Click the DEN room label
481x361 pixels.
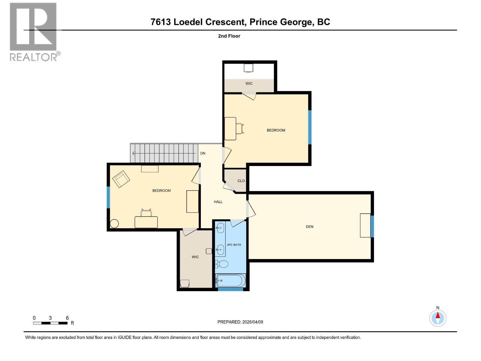click(x=309, y=227)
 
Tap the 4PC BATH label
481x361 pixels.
click(x=234, y=245)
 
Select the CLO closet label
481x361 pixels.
click(x=241, y=181)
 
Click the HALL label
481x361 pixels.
click(x=218, y=202)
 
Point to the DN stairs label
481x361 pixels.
click(x=203, y=153)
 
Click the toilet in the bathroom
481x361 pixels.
click(x=222, y=264)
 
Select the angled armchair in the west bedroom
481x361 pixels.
click(x=121, y=179)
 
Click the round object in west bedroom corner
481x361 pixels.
click(x=114, y=224)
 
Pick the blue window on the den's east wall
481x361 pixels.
click(x=372, y=226)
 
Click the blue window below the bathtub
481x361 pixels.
click(x=231, y=289)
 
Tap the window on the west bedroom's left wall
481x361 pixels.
click(x=109, y=197)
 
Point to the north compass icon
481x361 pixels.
click(x=438, y=318)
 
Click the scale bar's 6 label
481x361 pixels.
click(x=67, y=318)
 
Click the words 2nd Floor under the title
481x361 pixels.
click(x=229, y=36)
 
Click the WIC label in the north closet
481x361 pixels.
click(x=249, y=83)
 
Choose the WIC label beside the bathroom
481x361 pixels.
click(x=195, y=257)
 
